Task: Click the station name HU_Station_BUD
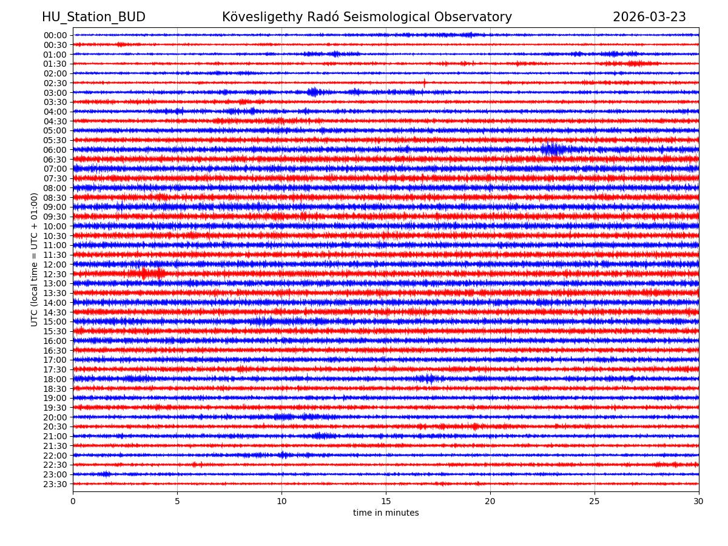93,17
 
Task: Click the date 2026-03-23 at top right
649,17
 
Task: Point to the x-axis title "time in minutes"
386,513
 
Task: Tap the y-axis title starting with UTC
35,259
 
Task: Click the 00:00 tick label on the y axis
55,35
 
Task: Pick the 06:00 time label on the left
55,150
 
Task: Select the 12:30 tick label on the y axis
55,274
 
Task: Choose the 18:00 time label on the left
55,379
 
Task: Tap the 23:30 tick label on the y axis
55,484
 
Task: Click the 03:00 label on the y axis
55,92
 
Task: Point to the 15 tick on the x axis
386,501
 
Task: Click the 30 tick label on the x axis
699,501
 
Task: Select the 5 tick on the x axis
177,501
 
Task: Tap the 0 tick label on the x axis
73,501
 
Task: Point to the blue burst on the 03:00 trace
313,92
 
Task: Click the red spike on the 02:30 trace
424,83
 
